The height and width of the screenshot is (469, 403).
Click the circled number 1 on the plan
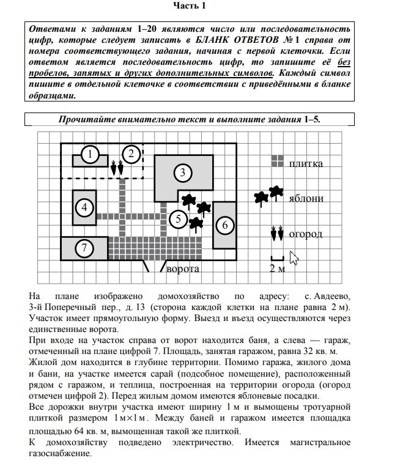90,155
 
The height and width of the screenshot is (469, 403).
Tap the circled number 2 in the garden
130,154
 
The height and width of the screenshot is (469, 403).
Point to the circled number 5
225,225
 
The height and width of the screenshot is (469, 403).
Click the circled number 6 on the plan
84,248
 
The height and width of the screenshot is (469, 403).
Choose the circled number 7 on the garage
84,248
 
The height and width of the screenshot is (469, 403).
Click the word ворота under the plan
184,268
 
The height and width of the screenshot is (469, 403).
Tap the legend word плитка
306,163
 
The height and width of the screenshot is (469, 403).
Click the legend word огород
306,234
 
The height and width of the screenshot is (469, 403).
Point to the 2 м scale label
277,268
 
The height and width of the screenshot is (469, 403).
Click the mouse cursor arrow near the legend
294,257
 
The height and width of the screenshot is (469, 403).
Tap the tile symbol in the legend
277,161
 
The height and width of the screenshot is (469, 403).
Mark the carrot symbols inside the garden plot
116,166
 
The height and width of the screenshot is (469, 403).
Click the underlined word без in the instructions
345,62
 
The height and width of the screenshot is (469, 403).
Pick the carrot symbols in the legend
277,234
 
